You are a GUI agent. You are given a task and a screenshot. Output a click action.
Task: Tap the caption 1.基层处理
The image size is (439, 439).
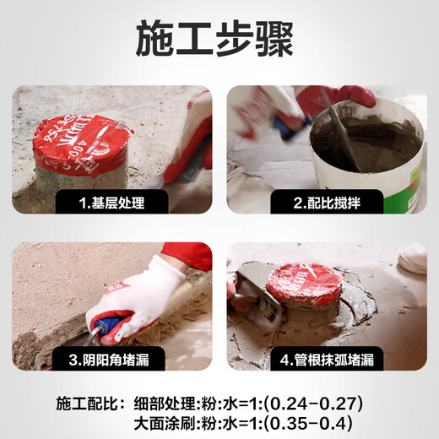click(112, 203)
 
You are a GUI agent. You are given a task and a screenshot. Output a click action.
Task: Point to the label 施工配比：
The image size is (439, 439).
click(88, 403)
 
